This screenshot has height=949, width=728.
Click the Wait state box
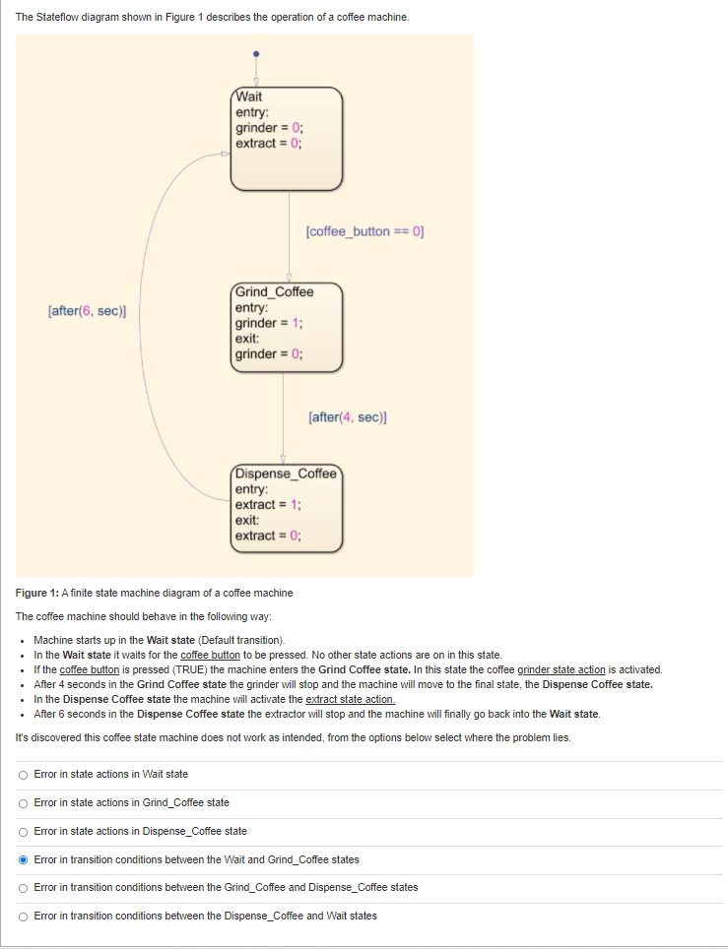(x=287, y=139)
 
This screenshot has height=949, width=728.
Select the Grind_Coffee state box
(x=287, y=327)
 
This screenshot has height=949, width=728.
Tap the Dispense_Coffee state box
(x=287, y=507)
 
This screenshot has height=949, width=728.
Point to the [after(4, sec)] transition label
(x=347, y=416)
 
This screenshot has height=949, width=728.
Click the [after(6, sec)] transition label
(x=87, y=310)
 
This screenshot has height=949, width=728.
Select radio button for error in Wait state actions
(x=23, y=774)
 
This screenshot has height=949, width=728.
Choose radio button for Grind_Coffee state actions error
(x=23, y=802)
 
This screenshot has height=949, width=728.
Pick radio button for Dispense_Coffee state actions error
(x=23, y=831)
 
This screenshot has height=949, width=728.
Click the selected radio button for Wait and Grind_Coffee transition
(x=23, y=859)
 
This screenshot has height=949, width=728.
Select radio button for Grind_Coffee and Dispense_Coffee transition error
(x=23, y=887)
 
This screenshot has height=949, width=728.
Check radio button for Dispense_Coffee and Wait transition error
(x=23, y=916)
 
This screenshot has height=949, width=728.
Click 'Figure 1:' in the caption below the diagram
(x=37, y=593)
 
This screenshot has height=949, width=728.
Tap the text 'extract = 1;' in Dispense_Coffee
(x=268, y=505)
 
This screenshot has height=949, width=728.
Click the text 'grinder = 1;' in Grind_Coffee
(x=268, y=324)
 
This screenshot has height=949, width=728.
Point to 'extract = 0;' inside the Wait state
(x=268, y=142)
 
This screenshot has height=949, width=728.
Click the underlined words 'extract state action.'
(x=351, y=699)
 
